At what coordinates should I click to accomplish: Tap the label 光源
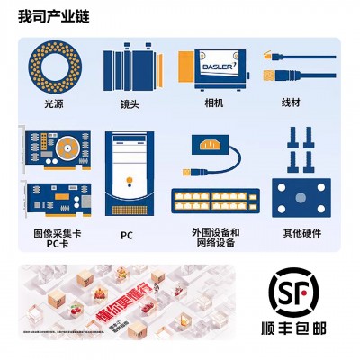pyautogui.click(x=55, y=104)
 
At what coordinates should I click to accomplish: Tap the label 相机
pyautogui.click(x=213, y=104)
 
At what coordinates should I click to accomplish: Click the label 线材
pyautogui.click(x=292, y=104)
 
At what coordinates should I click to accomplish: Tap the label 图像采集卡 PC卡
pyautogui.click(x=56, y=238)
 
